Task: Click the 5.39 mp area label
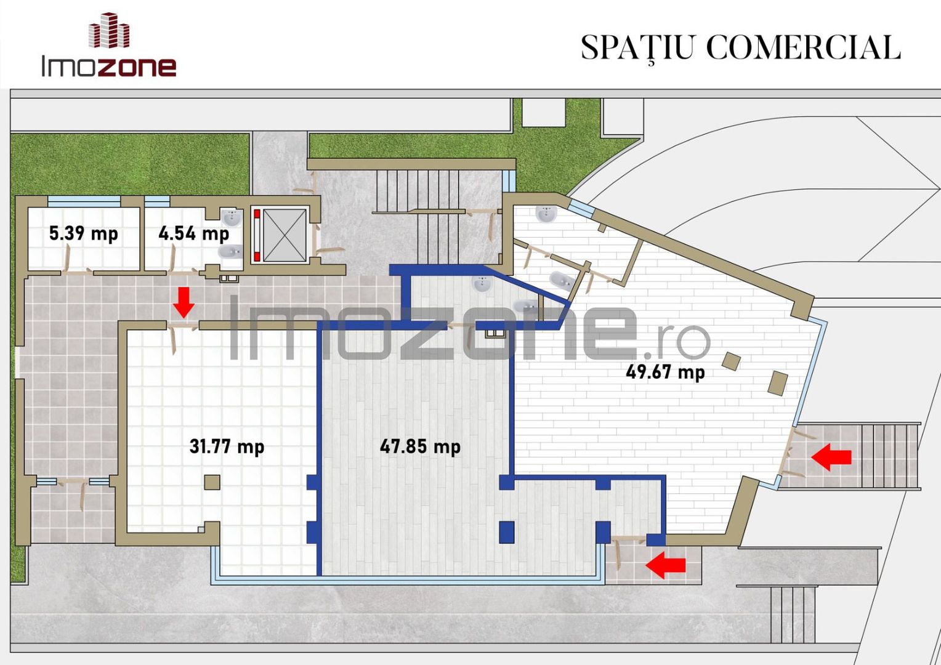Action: [x=83, y=234]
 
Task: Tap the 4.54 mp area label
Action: [x=193, y=234]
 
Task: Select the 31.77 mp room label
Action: [x=227, y=446]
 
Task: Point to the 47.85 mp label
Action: [x=420, y=446]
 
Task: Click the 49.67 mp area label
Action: [x=666, y=372]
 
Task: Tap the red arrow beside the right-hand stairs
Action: [x=831, y=457]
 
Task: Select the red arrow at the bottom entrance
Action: [x=666, y=565]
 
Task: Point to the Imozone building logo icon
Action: [x=109, y=30]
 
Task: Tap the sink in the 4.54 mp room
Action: [x=232, y=218]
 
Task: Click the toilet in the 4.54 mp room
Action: [x=230, y=252]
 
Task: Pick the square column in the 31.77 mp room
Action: [x=212, y=482]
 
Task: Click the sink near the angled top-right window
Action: [x=546, y=213]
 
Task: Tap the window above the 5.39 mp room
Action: [x=84, y=201]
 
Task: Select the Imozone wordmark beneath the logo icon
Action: [x=109, y=66]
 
